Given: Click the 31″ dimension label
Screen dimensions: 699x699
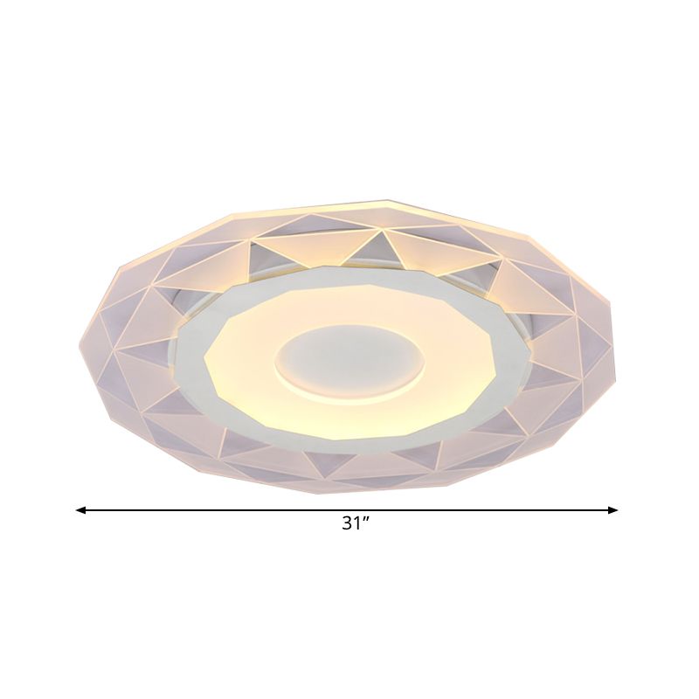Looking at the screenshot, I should [356, 524].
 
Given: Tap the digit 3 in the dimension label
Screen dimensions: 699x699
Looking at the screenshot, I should [347, 524].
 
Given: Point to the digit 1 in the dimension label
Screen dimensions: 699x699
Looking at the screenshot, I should [357, 524].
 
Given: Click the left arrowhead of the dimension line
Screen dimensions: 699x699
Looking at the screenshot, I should [80, 509].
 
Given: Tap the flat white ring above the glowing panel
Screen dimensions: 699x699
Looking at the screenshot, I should [349, 276].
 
